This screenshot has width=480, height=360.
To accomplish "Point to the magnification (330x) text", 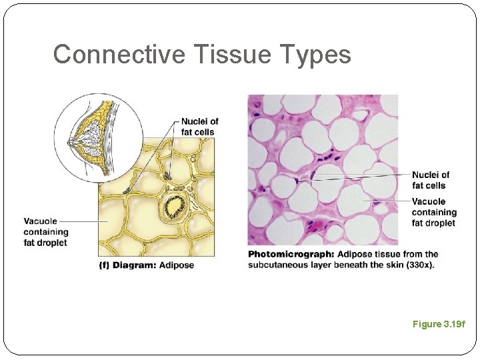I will click(x=419, y=265).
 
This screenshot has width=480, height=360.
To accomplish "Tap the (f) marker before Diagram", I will click(x=104, y=265).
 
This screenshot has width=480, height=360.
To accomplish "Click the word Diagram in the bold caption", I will click(x=135, y=265).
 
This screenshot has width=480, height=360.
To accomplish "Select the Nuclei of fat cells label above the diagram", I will click(x=199, y=127).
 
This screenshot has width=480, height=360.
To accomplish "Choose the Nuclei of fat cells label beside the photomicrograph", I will click(x=430, y=180).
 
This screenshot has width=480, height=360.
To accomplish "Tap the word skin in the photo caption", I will click(x=397, y=265).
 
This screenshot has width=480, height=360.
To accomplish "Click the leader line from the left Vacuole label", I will click(x=83, y=221).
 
